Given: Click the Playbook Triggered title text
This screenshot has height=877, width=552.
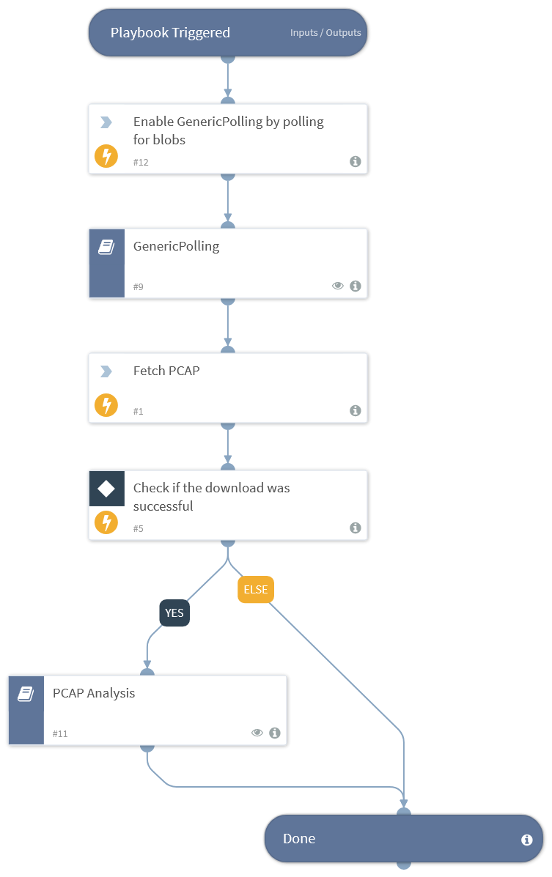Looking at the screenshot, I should click(170, 32).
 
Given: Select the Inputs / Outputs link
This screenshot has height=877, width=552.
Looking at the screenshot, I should click(325, 33).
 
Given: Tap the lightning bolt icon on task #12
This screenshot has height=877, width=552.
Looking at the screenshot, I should click(106, 156).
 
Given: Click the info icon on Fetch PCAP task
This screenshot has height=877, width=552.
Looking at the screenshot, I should click(356, 411).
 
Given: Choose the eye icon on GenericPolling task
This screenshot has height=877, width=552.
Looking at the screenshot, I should click(338, 286).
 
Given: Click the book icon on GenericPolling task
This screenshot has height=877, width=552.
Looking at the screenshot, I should click(106, 248).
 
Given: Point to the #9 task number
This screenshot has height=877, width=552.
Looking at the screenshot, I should click(139, 286).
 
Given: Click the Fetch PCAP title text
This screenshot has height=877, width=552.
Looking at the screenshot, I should click(166, 371).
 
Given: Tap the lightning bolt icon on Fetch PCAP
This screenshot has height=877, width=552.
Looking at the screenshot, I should click(106, 405).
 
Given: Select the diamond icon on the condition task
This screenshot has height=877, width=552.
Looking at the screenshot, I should click(106, 489).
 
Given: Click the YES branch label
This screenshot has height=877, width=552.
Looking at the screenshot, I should click(174, 613).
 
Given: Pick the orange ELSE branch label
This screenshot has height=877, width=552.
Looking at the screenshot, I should click(256, 589).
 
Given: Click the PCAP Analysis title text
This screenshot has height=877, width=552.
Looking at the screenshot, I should click(94, 693).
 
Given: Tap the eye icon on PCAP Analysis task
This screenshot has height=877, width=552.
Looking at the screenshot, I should click(257, 733).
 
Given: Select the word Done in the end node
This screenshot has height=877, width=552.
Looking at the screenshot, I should click(299, 839).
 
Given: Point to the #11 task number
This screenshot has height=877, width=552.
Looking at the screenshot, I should click(60, 733).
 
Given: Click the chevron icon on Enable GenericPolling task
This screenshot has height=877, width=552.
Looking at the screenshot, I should click(106, 122).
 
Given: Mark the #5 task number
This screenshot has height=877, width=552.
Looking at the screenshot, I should click(139, 528).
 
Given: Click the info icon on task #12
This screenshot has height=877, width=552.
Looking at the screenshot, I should click(356, 162).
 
